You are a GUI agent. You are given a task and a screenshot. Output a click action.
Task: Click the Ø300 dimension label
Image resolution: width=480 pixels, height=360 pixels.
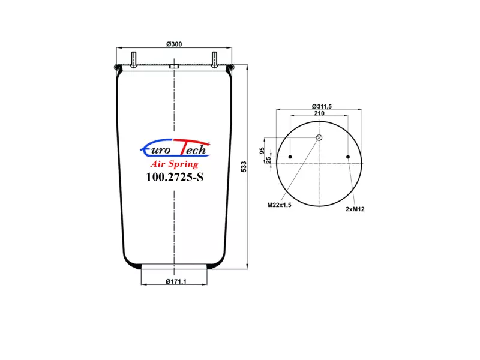point(174,44)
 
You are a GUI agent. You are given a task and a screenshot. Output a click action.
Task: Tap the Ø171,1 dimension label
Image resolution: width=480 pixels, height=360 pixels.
point(176,281)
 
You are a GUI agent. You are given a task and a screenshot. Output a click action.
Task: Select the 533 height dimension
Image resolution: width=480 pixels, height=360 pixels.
point(244,167)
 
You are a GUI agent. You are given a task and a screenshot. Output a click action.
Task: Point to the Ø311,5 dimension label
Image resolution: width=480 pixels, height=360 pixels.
point(322,106)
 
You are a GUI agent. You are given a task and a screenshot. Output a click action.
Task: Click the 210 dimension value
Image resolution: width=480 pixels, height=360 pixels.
point(319,113)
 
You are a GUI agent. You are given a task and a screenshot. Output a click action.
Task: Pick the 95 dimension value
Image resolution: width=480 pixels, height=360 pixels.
point(262,151)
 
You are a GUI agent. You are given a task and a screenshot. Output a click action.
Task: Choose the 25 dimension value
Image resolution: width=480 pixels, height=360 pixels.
point(268,160)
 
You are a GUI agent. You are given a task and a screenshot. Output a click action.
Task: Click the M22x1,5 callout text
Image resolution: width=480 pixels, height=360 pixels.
point(279,205)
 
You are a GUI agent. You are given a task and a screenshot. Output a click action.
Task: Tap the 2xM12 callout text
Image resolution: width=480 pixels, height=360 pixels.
point(355,209)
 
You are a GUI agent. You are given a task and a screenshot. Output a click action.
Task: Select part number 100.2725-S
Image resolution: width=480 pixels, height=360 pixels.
point(175,177)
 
